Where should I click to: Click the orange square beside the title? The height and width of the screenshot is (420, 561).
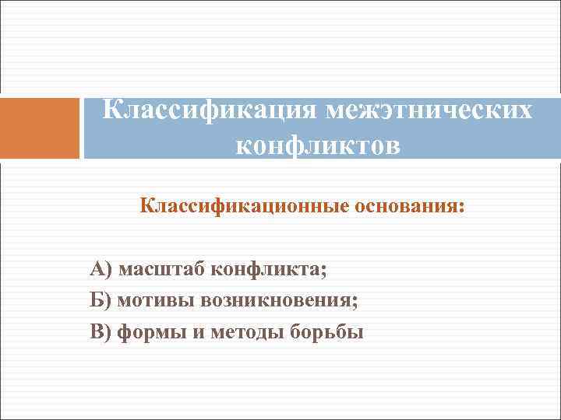tap(40, 128)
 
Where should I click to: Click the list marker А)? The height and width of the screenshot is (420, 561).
tap(101, 270)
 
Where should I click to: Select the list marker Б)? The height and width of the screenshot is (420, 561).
tap(101, 301)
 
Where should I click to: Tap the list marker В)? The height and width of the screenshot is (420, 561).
tap(101, 332)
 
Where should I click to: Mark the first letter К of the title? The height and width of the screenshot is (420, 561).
tap(114, 110)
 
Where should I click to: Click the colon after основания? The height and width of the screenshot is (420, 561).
tap(460, 209)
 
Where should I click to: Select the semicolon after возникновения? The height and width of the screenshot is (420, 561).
tap(357, 303)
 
